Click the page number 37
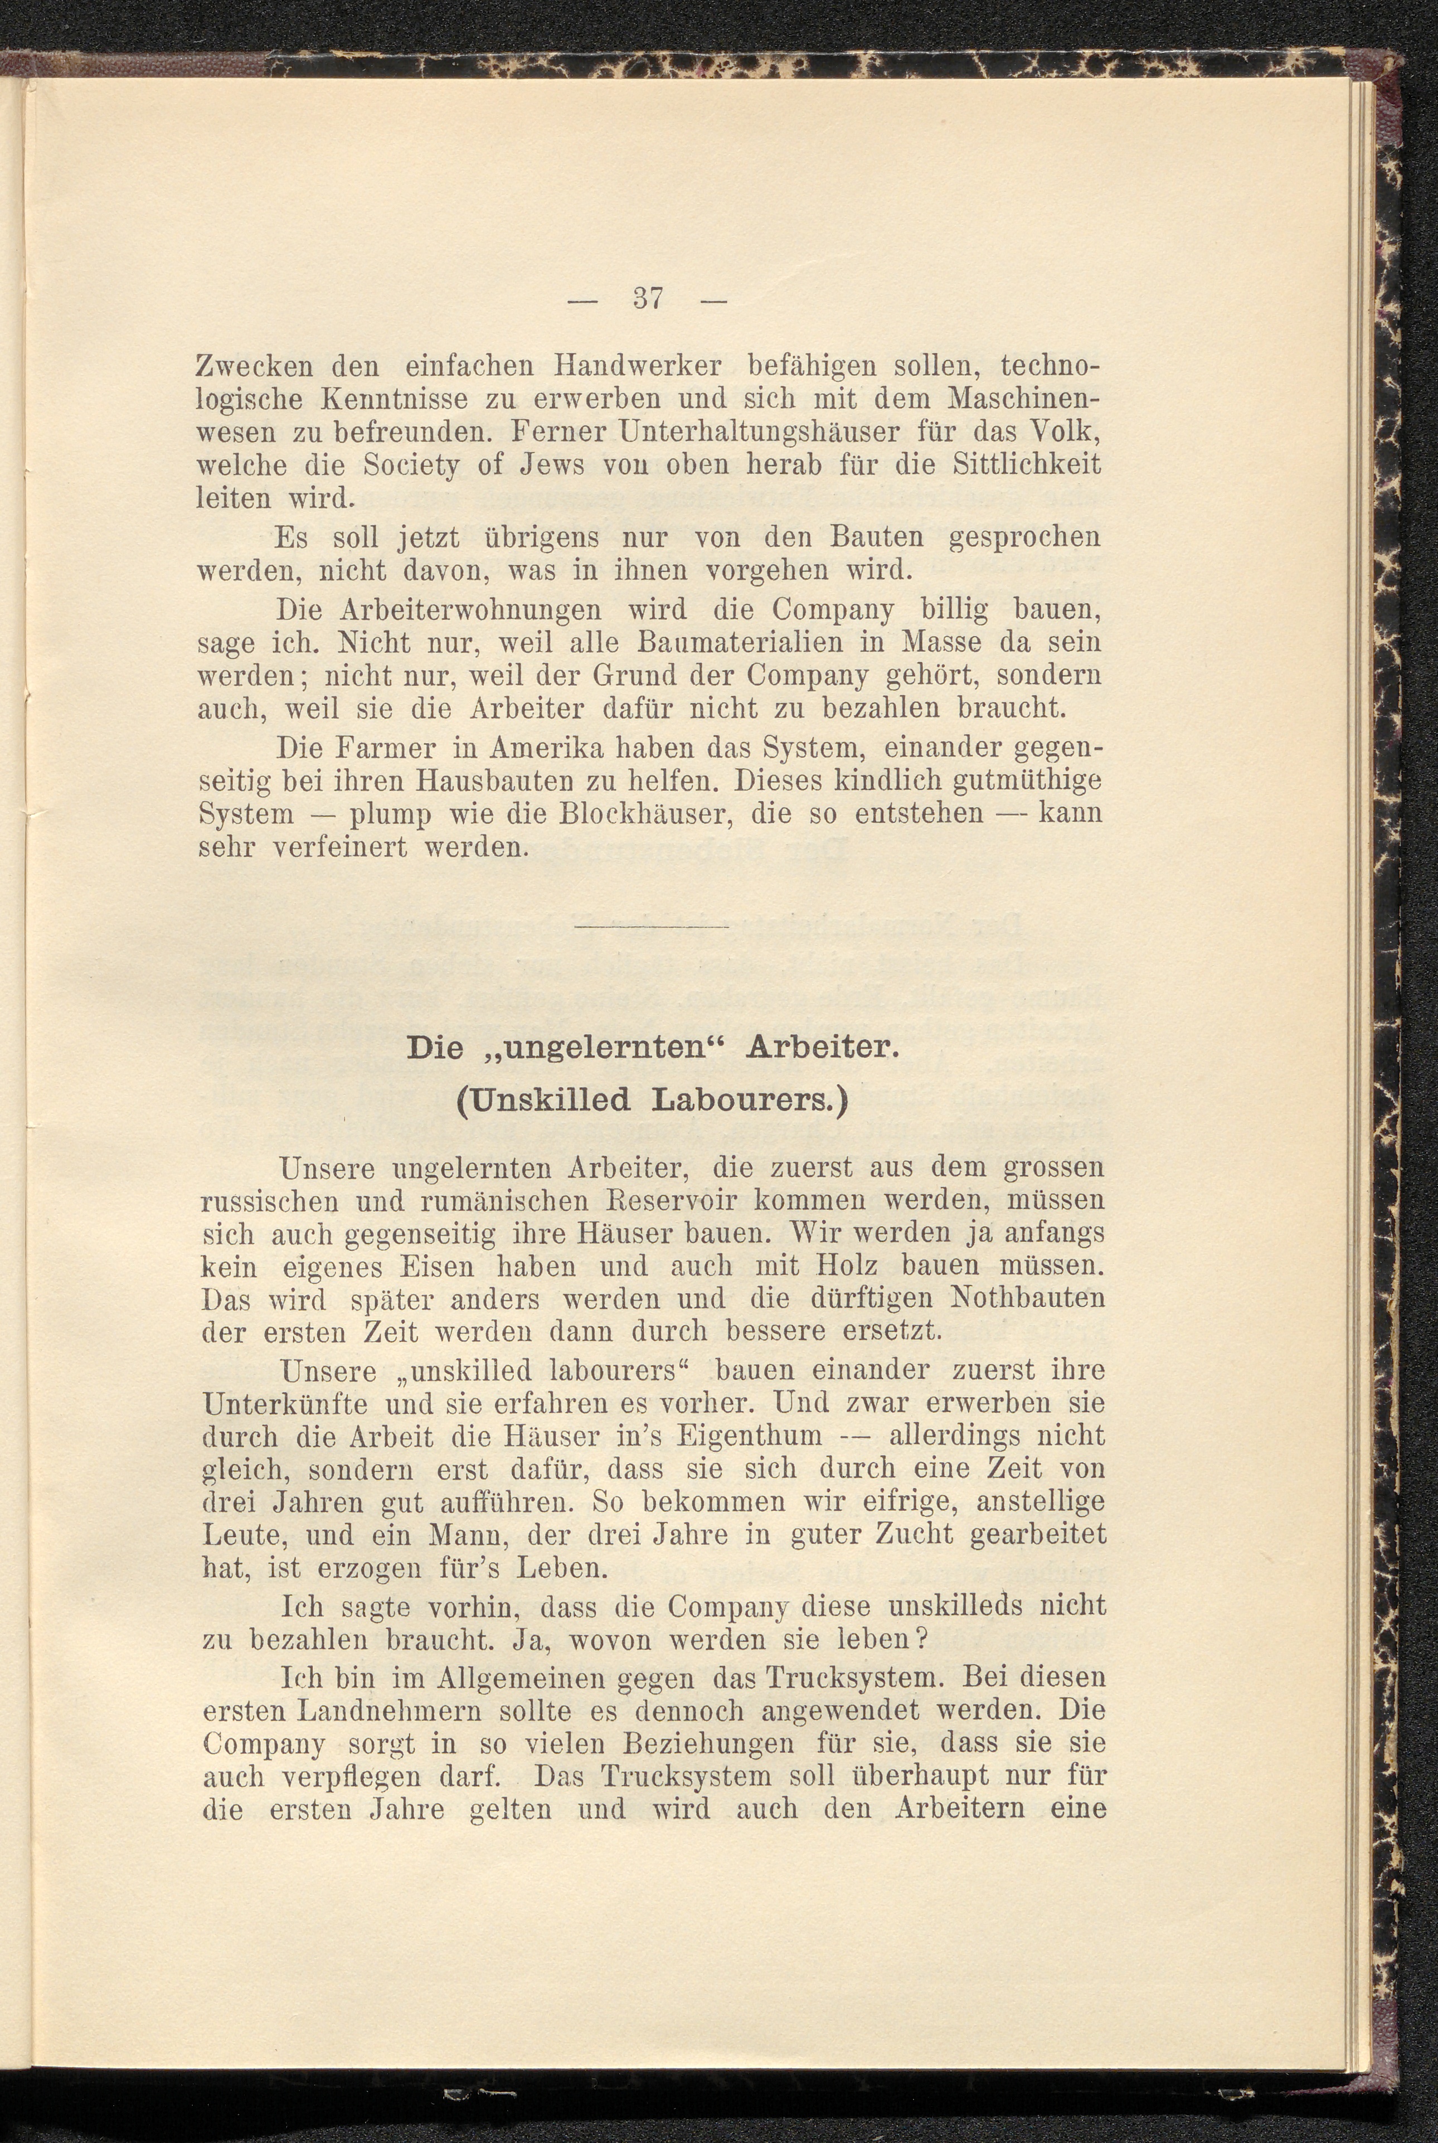tap(648, 299)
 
